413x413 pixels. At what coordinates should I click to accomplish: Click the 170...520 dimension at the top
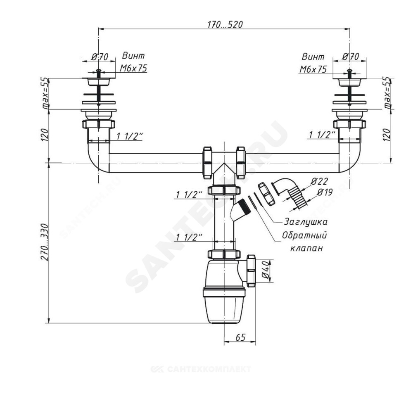pos(225,24)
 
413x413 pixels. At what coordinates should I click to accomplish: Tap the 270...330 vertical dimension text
pos(45,242)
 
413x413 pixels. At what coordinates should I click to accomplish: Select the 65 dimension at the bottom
pos(240,337)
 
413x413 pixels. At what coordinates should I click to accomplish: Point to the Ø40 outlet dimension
pos(265,271)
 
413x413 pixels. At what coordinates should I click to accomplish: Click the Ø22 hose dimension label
pos(319,181)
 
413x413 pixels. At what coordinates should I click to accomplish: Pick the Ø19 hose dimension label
pos(325,192)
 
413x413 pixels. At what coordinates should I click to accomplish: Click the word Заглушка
pos(305,222)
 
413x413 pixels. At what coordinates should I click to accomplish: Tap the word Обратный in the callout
pos(304,235)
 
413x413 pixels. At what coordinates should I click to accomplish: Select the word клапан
pos(306,248)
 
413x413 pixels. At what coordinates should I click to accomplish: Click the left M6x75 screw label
pos(133,69)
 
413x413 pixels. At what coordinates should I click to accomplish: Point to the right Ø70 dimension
pos(351,57)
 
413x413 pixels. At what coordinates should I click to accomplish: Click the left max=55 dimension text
pos(45,93)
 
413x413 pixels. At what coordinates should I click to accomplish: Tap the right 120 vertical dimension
pos(387,135)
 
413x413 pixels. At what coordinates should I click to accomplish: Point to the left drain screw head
pos(99,71)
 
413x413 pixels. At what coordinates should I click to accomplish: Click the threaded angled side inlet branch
pos(238,211)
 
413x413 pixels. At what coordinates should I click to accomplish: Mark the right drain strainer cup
pos(349,83)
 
